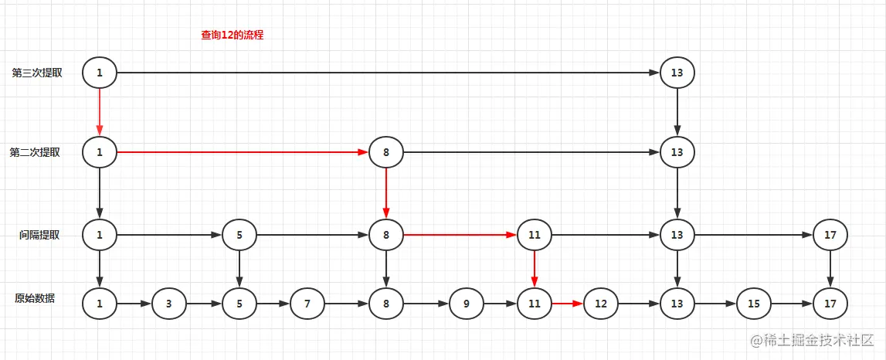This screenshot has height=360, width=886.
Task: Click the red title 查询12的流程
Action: (233, 35)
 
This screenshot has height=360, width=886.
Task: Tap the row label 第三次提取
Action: (37, 73)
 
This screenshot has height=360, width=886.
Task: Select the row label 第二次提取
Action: (35, 152)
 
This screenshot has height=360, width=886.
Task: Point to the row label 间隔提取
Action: (40, 234)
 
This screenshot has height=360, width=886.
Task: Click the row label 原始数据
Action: (35, 298)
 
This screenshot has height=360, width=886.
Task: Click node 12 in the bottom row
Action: (601, 304)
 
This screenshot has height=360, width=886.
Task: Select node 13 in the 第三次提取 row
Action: (677, 73)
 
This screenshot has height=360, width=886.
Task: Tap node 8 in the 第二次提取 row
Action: (386, 153)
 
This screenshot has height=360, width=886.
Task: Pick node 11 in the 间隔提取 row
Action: (534, 235)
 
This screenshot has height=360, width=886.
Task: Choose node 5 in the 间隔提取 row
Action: (239, 235)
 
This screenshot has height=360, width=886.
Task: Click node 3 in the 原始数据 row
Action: (169, 304)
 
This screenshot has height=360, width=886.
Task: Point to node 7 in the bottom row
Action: (307, 304)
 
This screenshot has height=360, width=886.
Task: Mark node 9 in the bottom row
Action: (467, 304)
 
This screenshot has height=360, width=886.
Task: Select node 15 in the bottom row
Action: (753, 304)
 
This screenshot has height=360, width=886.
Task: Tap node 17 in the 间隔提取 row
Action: (830, 235)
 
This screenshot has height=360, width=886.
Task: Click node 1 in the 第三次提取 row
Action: (100, 73)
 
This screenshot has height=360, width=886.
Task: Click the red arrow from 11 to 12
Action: (567, 304)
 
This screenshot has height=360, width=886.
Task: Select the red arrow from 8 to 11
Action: (460, 234)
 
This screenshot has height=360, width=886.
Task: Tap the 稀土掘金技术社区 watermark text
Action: (819, 340)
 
